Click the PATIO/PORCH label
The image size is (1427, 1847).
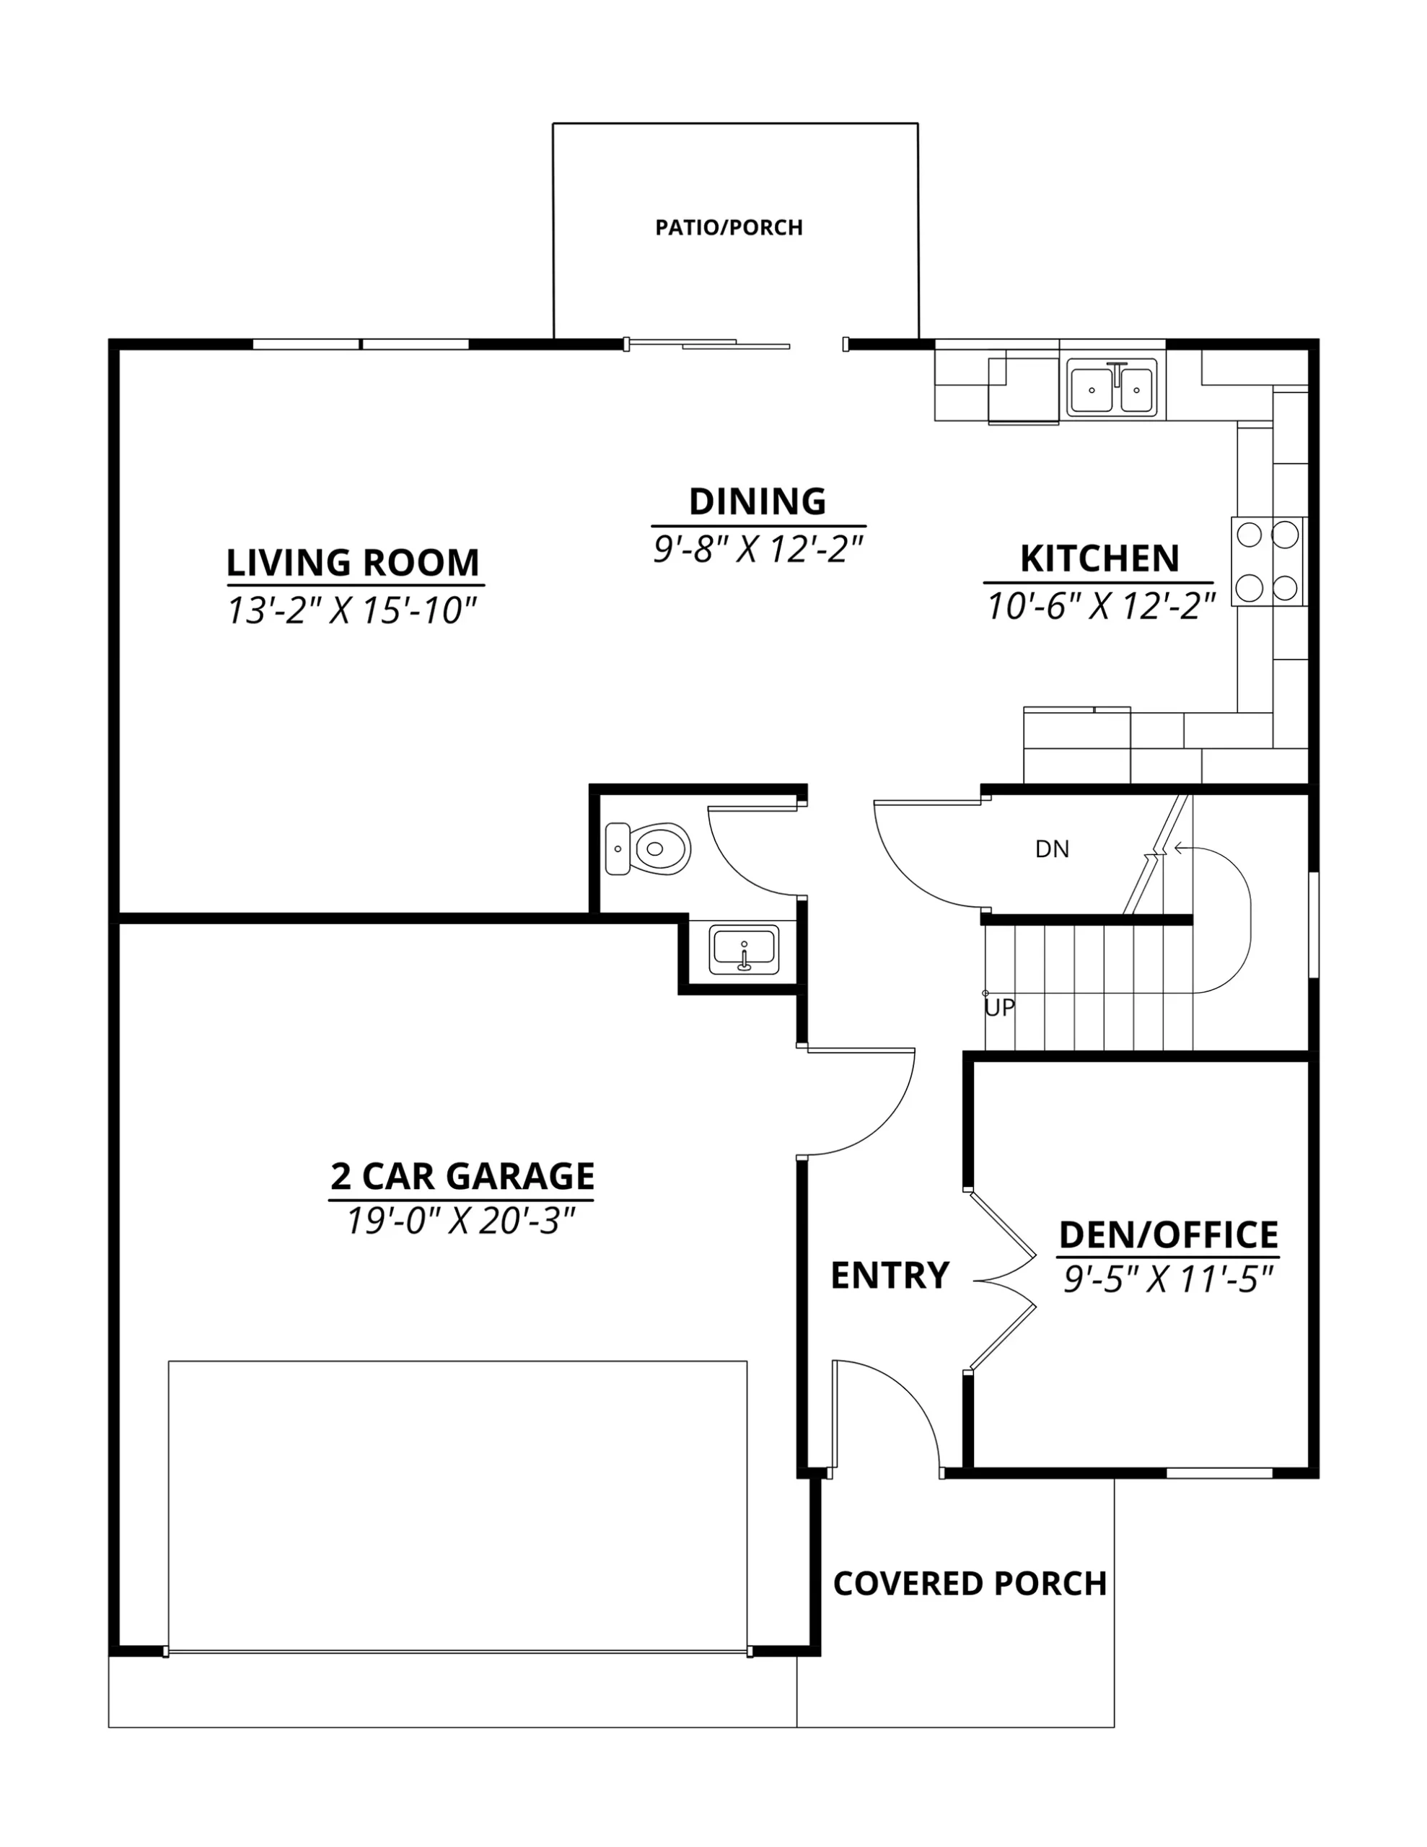729,227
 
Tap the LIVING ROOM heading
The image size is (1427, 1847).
353,562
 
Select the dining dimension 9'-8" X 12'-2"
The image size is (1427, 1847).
757,550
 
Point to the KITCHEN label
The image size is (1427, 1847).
1099,558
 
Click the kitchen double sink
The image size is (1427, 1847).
1112,389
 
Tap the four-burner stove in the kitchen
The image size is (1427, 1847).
1268,561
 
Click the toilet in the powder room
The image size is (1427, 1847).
648,848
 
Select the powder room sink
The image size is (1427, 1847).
744,949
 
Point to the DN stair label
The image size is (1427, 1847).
1053,849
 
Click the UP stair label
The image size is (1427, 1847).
1000,1008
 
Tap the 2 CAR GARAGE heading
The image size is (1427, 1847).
462,1176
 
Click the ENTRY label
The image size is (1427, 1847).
890,1276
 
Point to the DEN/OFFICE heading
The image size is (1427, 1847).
1168,1234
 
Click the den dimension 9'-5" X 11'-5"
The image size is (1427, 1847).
1168,1279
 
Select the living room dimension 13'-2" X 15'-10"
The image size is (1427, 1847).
352,610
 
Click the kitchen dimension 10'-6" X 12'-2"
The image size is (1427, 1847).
1100,605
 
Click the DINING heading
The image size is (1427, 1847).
757,501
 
